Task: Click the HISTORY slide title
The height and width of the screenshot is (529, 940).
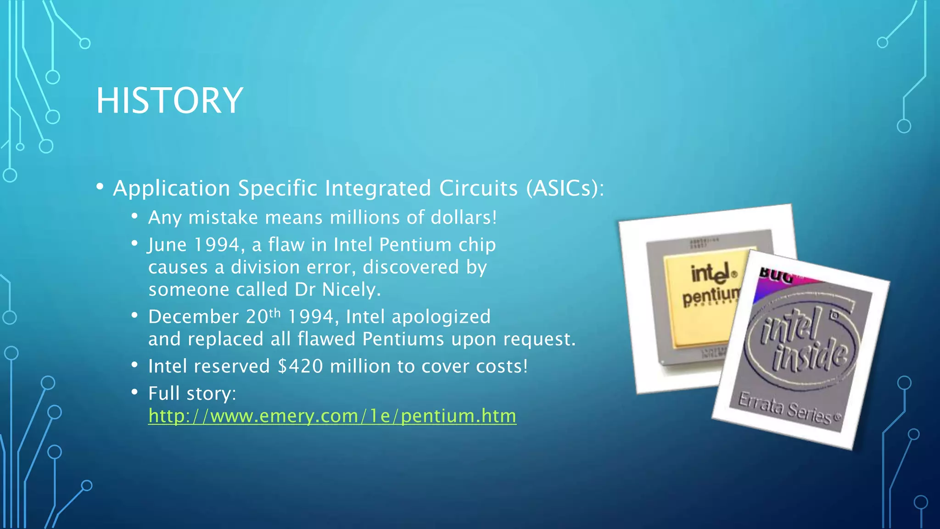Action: (x=169, y=101)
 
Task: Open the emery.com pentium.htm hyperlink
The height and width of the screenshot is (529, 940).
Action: (x=332, y=416)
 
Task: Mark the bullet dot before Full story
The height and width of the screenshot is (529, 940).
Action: (x=134, y=392)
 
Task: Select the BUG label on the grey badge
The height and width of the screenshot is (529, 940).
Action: (x=776, y=276)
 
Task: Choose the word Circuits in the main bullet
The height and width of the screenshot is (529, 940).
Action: (x=478, y=188)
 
